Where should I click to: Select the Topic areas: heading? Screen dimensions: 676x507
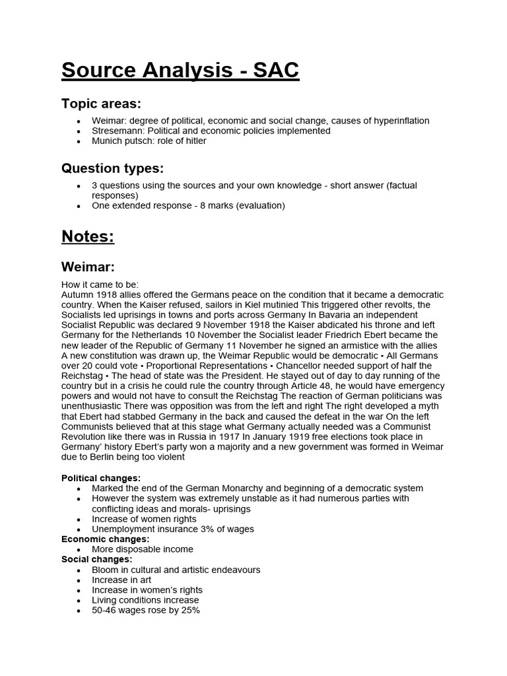tap(101, 104)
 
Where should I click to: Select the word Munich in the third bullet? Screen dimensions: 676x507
tap(108, 141)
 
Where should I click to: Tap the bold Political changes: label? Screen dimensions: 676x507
tap(101, 478)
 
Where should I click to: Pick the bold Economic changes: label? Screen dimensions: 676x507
tap(105, 539)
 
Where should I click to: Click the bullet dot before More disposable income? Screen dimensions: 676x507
tap(79, 550)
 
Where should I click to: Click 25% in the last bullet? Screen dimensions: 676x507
tap(189, 611)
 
